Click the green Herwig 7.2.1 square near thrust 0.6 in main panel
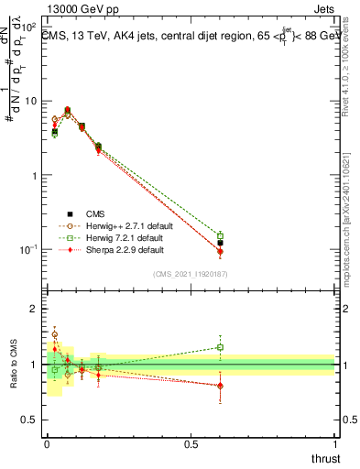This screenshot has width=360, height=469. click(220, 236)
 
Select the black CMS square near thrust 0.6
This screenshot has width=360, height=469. click(220, 244)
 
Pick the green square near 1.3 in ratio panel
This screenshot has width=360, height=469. click(220, 347)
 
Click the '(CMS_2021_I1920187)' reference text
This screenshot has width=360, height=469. click(190, 273)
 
